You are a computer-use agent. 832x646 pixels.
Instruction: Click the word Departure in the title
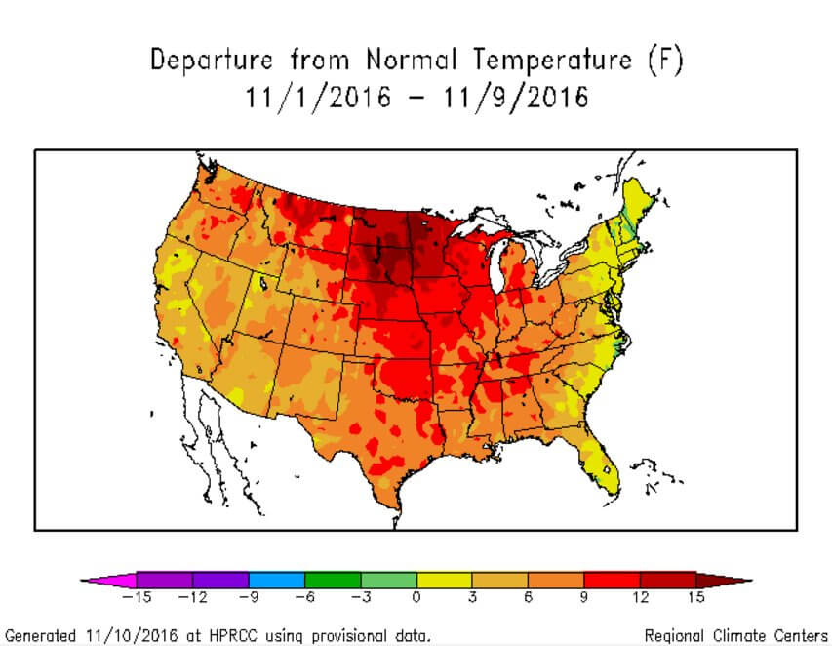tap(210, 61)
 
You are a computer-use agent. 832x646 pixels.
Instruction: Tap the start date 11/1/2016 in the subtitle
tap(319, 98)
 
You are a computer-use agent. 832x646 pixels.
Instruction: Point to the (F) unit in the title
tap(666, 61)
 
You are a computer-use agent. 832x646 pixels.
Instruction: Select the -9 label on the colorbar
tap(249, 597)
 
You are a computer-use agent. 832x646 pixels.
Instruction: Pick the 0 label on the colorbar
tap(416, 597)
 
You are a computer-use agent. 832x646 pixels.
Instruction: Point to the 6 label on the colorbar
tap(528, 597)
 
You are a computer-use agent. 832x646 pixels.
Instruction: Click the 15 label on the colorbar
tap(695, 597)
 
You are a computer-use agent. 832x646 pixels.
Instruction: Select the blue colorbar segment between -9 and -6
tap(277, 580)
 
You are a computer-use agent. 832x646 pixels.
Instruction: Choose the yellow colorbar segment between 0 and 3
tap(445, 580)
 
